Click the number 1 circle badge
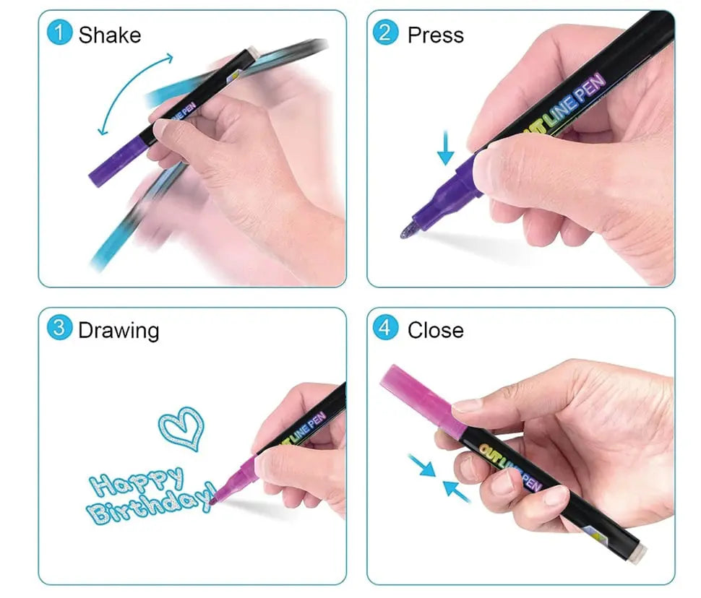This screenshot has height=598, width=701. (x=59, y=33)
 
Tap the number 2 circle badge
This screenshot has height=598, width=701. (x=386, y=33)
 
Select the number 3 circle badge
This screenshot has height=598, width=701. (x=59, y=329)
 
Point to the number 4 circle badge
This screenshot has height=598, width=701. (x=386, y=329)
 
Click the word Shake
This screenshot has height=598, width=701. (x=110, y=35)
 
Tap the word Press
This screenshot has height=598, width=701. (x=436, y=35)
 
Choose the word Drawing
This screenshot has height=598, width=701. (x=119, y=331)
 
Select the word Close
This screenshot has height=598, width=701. (x=436, y=331)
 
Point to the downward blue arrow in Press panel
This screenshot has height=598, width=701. (x=446, y=148)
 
